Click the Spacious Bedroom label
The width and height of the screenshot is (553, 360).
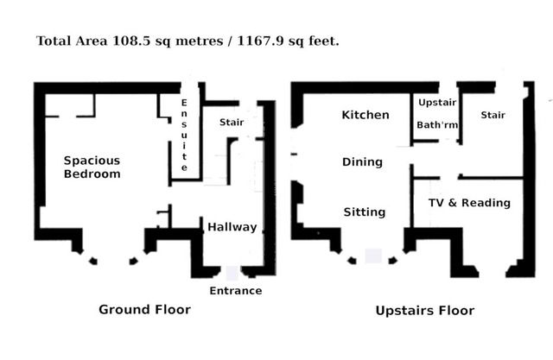[92, 167]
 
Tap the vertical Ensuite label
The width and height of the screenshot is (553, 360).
[184, 136]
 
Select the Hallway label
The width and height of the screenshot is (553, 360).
[232, 227]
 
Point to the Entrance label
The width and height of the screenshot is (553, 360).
[236, 291]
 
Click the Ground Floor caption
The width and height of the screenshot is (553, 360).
[144, 309]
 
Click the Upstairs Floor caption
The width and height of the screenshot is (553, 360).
[425, 310]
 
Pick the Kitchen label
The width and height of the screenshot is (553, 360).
[365, 115]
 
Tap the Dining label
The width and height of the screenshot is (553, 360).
[362, 162]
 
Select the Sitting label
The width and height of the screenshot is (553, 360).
[365, 212]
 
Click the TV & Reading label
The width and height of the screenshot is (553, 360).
[469, 203]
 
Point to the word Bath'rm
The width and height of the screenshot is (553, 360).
[437, 125]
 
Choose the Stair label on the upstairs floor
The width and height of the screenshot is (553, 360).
[493, 115]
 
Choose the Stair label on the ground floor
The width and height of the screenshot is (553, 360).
[232, 123]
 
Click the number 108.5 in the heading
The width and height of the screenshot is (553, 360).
[131, 41]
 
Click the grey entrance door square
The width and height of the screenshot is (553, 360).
[232, 273]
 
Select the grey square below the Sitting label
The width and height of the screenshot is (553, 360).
[373, 256]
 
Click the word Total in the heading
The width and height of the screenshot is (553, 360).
[54, 41]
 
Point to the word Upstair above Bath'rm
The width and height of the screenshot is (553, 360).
[437, 103]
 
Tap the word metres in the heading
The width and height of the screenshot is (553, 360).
[200, 41]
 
